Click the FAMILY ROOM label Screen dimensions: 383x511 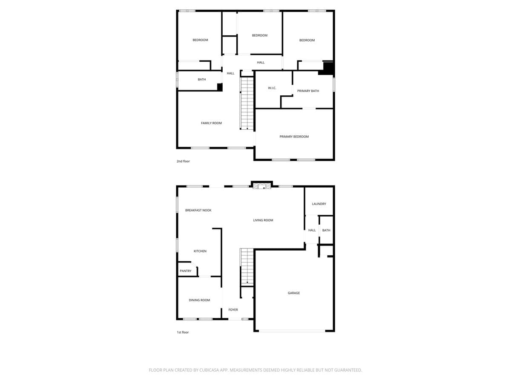pos(211,123)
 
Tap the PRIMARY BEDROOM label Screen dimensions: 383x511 pos(294,137)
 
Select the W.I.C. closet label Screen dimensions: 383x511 pos(272,88)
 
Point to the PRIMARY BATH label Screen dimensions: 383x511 pos(308,91)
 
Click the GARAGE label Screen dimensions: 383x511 pos(293,293)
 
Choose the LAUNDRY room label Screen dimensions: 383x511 pos(319,204)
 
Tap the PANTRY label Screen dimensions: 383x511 pos(185,271)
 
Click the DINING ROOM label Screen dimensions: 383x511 pos(199,300)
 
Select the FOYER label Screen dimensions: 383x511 pos(233,310)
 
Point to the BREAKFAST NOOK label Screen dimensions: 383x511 pos(198,210)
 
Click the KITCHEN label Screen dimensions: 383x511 pos(200,251)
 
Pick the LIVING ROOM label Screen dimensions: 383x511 pos(263,220)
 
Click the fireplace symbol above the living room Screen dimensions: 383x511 pos(261,186)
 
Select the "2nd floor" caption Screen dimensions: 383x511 pos(183,161)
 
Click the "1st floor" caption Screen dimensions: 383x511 pos(182,332)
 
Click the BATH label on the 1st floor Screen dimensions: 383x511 pos(326,230)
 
